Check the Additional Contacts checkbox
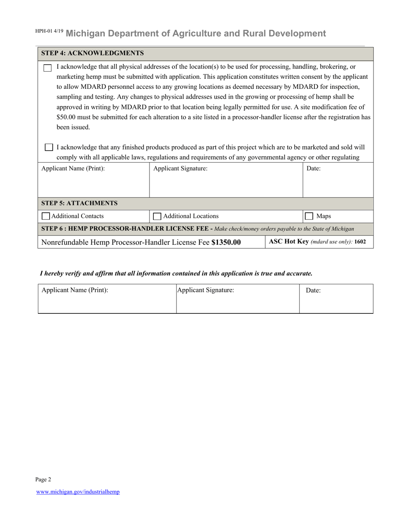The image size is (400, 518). (x=46, y=216)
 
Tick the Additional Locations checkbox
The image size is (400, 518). (x=157, y=216)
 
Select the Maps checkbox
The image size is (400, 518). (x=309, y=216)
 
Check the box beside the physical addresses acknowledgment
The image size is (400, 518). (x=48, y=68)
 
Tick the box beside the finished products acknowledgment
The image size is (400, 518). (x=49, y=147)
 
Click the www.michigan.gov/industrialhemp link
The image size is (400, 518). (x=78, y=491)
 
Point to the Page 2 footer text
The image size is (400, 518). (x=43, y=479)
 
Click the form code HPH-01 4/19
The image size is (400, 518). (x=49, y=32)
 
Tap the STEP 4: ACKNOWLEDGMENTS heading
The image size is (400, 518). (x=92, y=53)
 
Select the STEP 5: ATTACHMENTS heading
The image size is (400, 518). (x=79, y=203)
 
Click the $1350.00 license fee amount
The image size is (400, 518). (x=226, y=242)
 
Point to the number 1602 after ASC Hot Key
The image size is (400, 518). (x=360, y=242)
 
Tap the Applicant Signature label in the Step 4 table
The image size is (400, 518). (x=180, y=168)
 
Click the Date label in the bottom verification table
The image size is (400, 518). (x=313, y=290)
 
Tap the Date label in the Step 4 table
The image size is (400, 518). (x=313, y=168)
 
